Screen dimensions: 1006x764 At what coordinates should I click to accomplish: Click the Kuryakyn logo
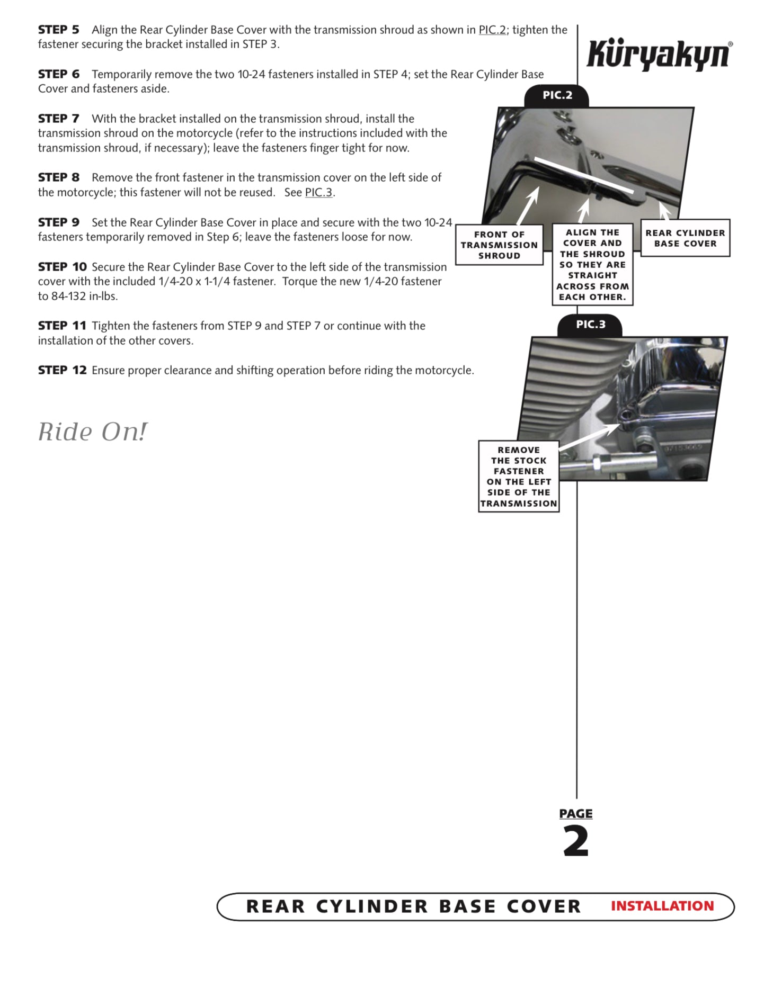click(x=659, y=54)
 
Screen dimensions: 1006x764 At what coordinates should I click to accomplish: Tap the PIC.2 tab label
click(x=557, y=95)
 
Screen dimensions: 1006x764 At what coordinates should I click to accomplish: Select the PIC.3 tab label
click(x=590, y=325)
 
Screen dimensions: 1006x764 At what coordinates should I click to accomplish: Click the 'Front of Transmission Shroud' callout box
click(x=499, y=245)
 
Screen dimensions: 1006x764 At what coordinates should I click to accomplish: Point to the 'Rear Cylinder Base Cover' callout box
click(x=685, y=238)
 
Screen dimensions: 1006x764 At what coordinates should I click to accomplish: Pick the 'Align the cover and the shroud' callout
click(x=592, y=265)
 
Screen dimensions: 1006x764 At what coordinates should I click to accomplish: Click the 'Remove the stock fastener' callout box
click(x=519, y=477)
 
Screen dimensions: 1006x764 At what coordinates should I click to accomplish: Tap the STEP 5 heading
click(x=58, y=30)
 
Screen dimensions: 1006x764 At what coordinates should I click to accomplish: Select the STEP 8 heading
click(x=58, y=177)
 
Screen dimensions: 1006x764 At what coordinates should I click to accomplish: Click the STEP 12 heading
click(x=61, y=370)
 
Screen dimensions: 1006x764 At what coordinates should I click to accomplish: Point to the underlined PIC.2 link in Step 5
click(x=492, y=30)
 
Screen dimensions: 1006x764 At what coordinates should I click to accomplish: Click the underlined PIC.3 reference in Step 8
click(x=318, y=193)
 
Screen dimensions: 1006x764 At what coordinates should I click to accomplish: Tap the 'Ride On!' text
click(x=93, y=432)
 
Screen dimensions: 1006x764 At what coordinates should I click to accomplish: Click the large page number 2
click(x=576, y=842)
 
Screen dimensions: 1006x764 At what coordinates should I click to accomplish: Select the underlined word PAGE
click(x=576, y=813)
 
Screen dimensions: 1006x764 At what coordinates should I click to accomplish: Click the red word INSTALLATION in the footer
click(x=662, y=906)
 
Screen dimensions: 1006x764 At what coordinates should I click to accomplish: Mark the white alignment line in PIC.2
click(x=583, y=175)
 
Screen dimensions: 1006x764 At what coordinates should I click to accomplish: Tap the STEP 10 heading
click(x=61, y=267)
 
